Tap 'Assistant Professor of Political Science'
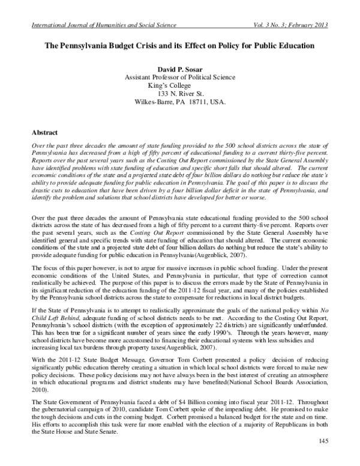point(179,77)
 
